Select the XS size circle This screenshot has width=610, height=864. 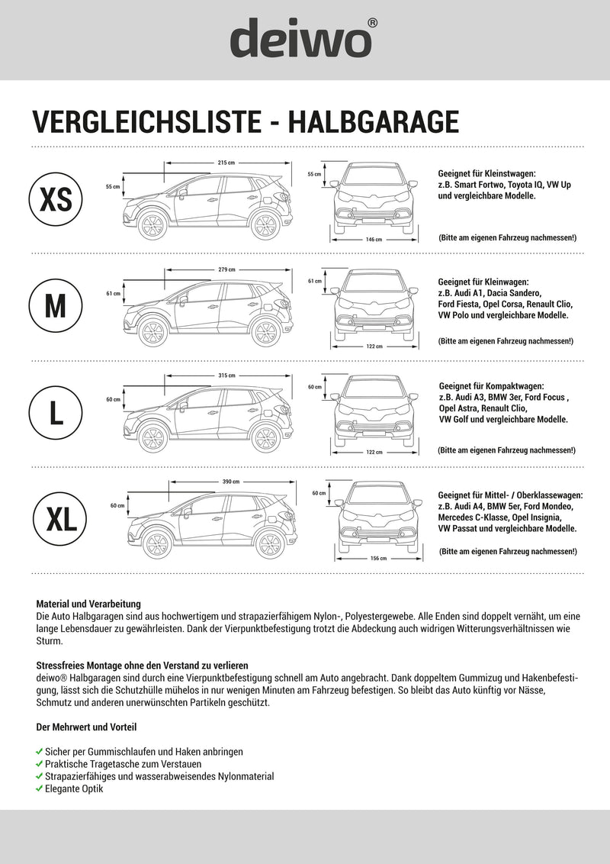[56, 200]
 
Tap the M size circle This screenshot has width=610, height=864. [56, 306]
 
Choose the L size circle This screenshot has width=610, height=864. [56, 412]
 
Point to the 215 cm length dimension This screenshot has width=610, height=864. [226, 163]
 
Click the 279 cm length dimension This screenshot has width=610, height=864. [226, 269]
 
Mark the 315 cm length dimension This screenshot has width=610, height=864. [226, 376]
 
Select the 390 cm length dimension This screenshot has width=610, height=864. [230, 482]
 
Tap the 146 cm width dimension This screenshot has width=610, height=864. [374, 240]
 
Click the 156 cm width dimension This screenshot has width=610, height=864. [378, 559]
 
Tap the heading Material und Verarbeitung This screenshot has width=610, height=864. [88, 604]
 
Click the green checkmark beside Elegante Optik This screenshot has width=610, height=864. [40, 788]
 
